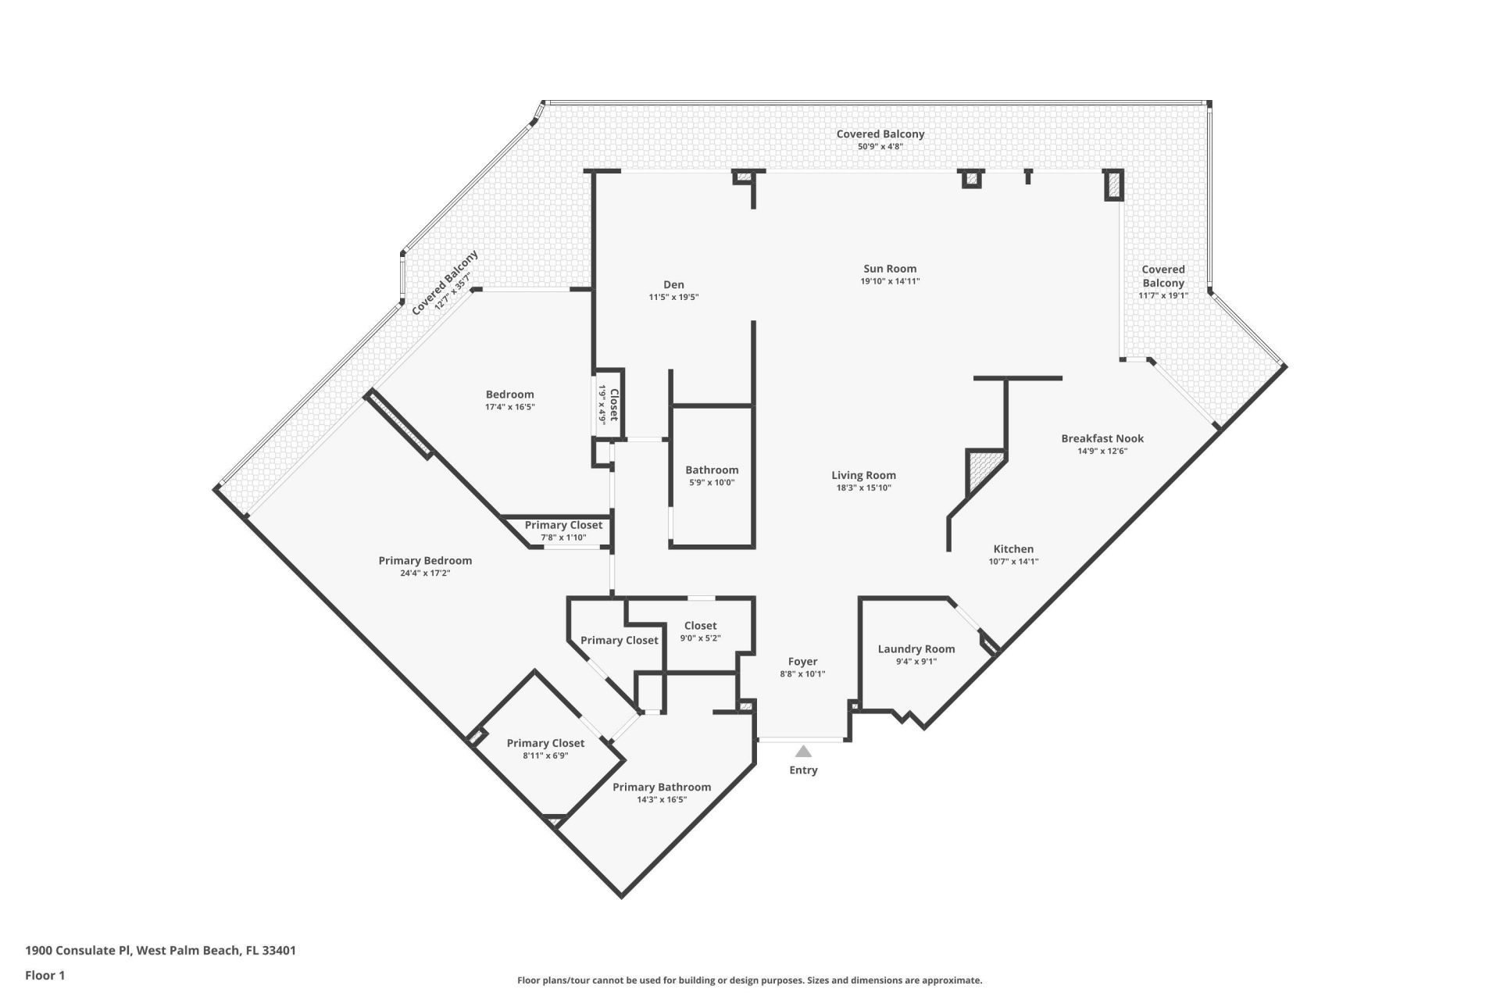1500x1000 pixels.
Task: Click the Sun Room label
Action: click(890, 269)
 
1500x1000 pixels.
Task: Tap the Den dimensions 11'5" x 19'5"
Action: click(673, 298)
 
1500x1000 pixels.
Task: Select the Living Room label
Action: click(863, 475)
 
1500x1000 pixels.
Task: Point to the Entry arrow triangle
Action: click(803, 752)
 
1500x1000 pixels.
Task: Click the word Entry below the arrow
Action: click(803, 770)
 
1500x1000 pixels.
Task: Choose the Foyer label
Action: click(802, 662)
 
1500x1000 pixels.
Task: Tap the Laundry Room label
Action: click(916, 649)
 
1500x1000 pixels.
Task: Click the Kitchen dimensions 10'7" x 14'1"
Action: click(1013, 562)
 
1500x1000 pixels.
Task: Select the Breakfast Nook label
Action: click(1102, 438)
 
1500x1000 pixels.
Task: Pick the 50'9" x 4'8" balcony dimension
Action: click(880, 146)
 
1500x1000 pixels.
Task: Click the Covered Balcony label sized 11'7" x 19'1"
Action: click(1162, 277)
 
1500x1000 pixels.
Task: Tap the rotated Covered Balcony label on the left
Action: click(445, 282)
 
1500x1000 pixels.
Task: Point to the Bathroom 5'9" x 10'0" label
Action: click(712, 470)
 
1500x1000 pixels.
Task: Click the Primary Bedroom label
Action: click(425, 561)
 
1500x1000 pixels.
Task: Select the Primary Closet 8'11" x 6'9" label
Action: click(545, 744)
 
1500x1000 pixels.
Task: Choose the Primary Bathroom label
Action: click(662, 787)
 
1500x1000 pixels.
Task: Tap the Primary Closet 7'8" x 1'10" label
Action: click(563, 526)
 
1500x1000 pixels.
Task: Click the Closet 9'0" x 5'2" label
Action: click(700, 626)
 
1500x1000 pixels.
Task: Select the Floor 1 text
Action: click(45, 975)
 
